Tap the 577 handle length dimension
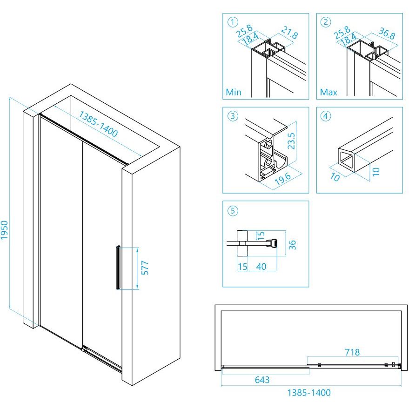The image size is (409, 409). (x=145, y=268)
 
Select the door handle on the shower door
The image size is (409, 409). (x=117, y=268)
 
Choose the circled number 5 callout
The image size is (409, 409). (x=231, y=210)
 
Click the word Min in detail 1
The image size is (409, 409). (x=234, y=92)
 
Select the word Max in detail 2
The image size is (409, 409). (x=329, y=92)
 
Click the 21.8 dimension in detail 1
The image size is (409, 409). (x=289, y=34)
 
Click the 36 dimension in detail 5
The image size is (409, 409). (x=292, y=244)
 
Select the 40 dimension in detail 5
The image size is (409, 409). (x=261, y=267)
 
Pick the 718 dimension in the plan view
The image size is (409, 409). (x=352, y=352)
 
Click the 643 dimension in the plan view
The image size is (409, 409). (x=262, y=380)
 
